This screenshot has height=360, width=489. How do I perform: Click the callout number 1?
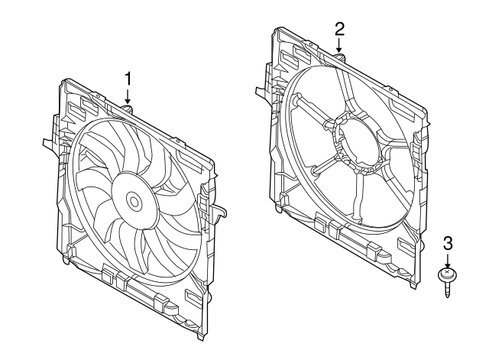coord(128,78)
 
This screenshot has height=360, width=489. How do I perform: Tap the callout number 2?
coord(340,28)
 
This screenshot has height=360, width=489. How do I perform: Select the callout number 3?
coord(449,243)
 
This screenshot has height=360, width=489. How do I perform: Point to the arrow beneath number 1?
coord(128,98)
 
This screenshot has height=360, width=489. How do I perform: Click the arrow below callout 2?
coord(340,47)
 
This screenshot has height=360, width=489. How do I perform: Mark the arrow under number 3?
coord(448,260)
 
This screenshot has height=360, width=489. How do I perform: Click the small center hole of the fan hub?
coord(134,203)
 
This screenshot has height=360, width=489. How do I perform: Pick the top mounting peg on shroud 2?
coord(339,57)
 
